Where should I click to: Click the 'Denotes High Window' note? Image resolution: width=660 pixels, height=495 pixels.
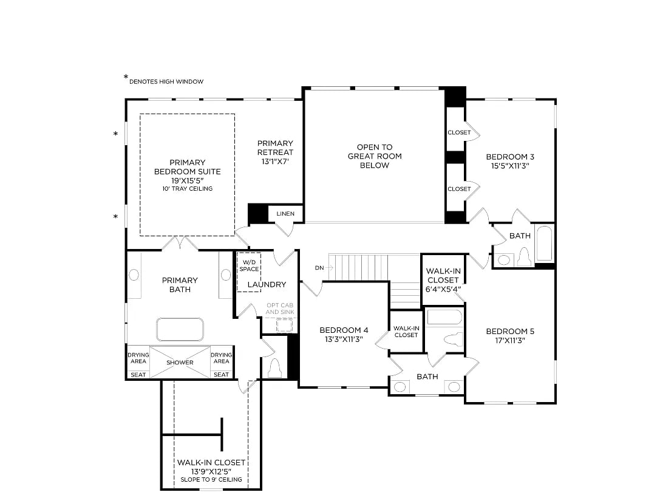point(166,81)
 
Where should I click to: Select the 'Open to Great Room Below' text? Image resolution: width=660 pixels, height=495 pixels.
point(375,156)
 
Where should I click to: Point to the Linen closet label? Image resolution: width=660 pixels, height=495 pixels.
point(285,214)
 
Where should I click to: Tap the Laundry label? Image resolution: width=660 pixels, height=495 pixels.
point(267,284)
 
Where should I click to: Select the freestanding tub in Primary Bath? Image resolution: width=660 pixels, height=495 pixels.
point(180,329)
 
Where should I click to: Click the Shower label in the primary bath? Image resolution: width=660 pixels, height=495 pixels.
point(180,363)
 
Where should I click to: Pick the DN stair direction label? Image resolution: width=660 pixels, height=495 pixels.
point(319,268)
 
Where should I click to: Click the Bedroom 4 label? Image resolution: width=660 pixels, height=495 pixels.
point(344,330)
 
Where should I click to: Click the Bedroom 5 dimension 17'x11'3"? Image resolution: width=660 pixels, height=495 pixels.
point(510,341)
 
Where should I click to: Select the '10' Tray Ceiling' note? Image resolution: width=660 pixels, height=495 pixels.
point(187,189)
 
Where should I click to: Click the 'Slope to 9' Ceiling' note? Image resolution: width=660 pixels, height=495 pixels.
point(211,480)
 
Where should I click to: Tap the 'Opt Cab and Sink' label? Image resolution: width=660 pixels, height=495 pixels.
point(280,309)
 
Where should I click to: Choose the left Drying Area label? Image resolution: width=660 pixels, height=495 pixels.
point(138,358)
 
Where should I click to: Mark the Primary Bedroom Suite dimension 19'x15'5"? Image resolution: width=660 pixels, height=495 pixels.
point(187,180)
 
